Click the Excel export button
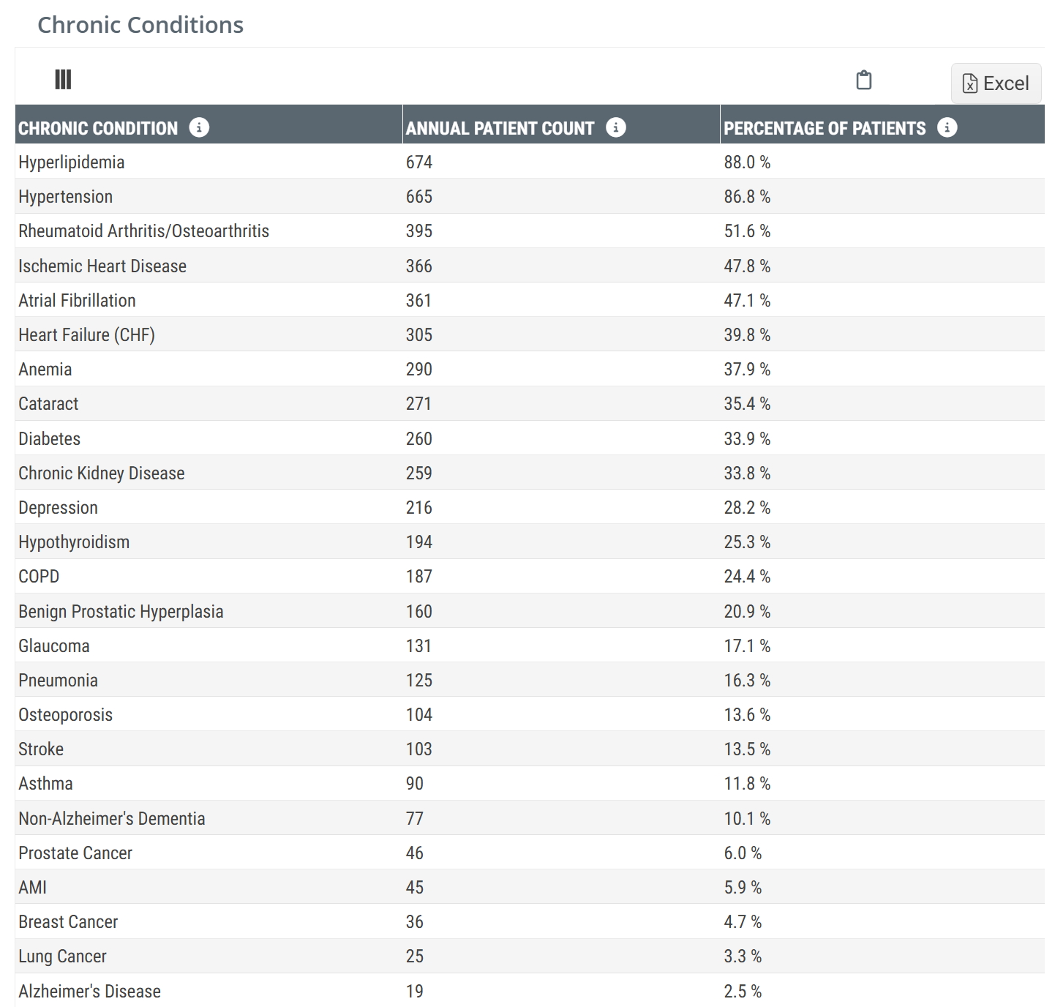coord(996,83)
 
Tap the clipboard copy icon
coord(863,80)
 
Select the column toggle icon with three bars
coord(63,79)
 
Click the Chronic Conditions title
coord(140,25)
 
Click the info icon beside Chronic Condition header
coord(199,127)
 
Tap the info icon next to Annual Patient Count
coord(616,127)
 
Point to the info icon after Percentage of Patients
coord(947,127)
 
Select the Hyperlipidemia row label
coord(72,162)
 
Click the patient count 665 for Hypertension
coord(419,197)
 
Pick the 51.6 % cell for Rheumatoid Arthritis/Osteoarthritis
coord(747,231)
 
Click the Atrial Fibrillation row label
coord(78,301)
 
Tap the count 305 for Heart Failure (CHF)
coord(419,335)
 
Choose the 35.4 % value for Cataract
coord(747,404)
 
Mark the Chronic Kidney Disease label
coord(102,473)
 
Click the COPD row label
coord(39,577)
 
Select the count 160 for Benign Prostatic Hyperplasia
coord(419,612)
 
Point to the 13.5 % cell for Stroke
coord(747,749)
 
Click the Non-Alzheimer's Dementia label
coord(112,819)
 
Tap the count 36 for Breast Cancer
coord(415,922)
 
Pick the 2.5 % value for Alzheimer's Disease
coord(743,992)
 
